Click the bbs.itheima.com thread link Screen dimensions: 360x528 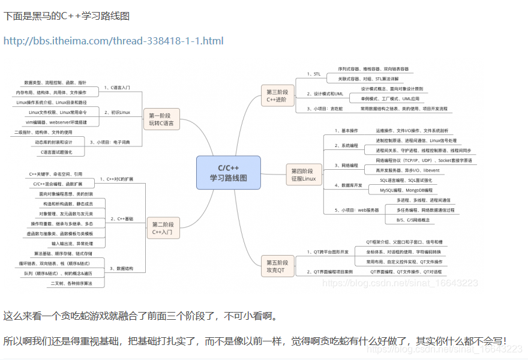tap(113, 41)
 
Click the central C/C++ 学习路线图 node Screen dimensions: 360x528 tap(228, 173)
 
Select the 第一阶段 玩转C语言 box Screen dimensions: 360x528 tap(161, 119)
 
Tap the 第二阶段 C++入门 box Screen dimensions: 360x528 tap(164, 227)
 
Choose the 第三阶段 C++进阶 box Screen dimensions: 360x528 tap(277, 97)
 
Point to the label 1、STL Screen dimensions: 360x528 tap(314, 74)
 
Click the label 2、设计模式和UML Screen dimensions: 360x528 tap(325, 94)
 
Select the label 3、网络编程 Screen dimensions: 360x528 tap(346, 164)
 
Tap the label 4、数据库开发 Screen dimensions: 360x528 tap(348, 185)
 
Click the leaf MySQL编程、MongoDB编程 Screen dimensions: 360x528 tap(406, 190)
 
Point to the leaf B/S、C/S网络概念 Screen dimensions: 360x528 tap(413, 220)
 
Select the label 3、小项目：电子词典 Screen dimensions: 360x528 tap(114, 142)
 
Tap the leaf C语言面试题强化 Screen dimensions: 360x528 tap(54, 152)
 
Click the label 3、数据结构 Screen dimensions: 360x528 tap(121, 268)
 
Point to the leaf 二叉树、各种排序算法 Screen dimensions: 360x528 tap(71, 283)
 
